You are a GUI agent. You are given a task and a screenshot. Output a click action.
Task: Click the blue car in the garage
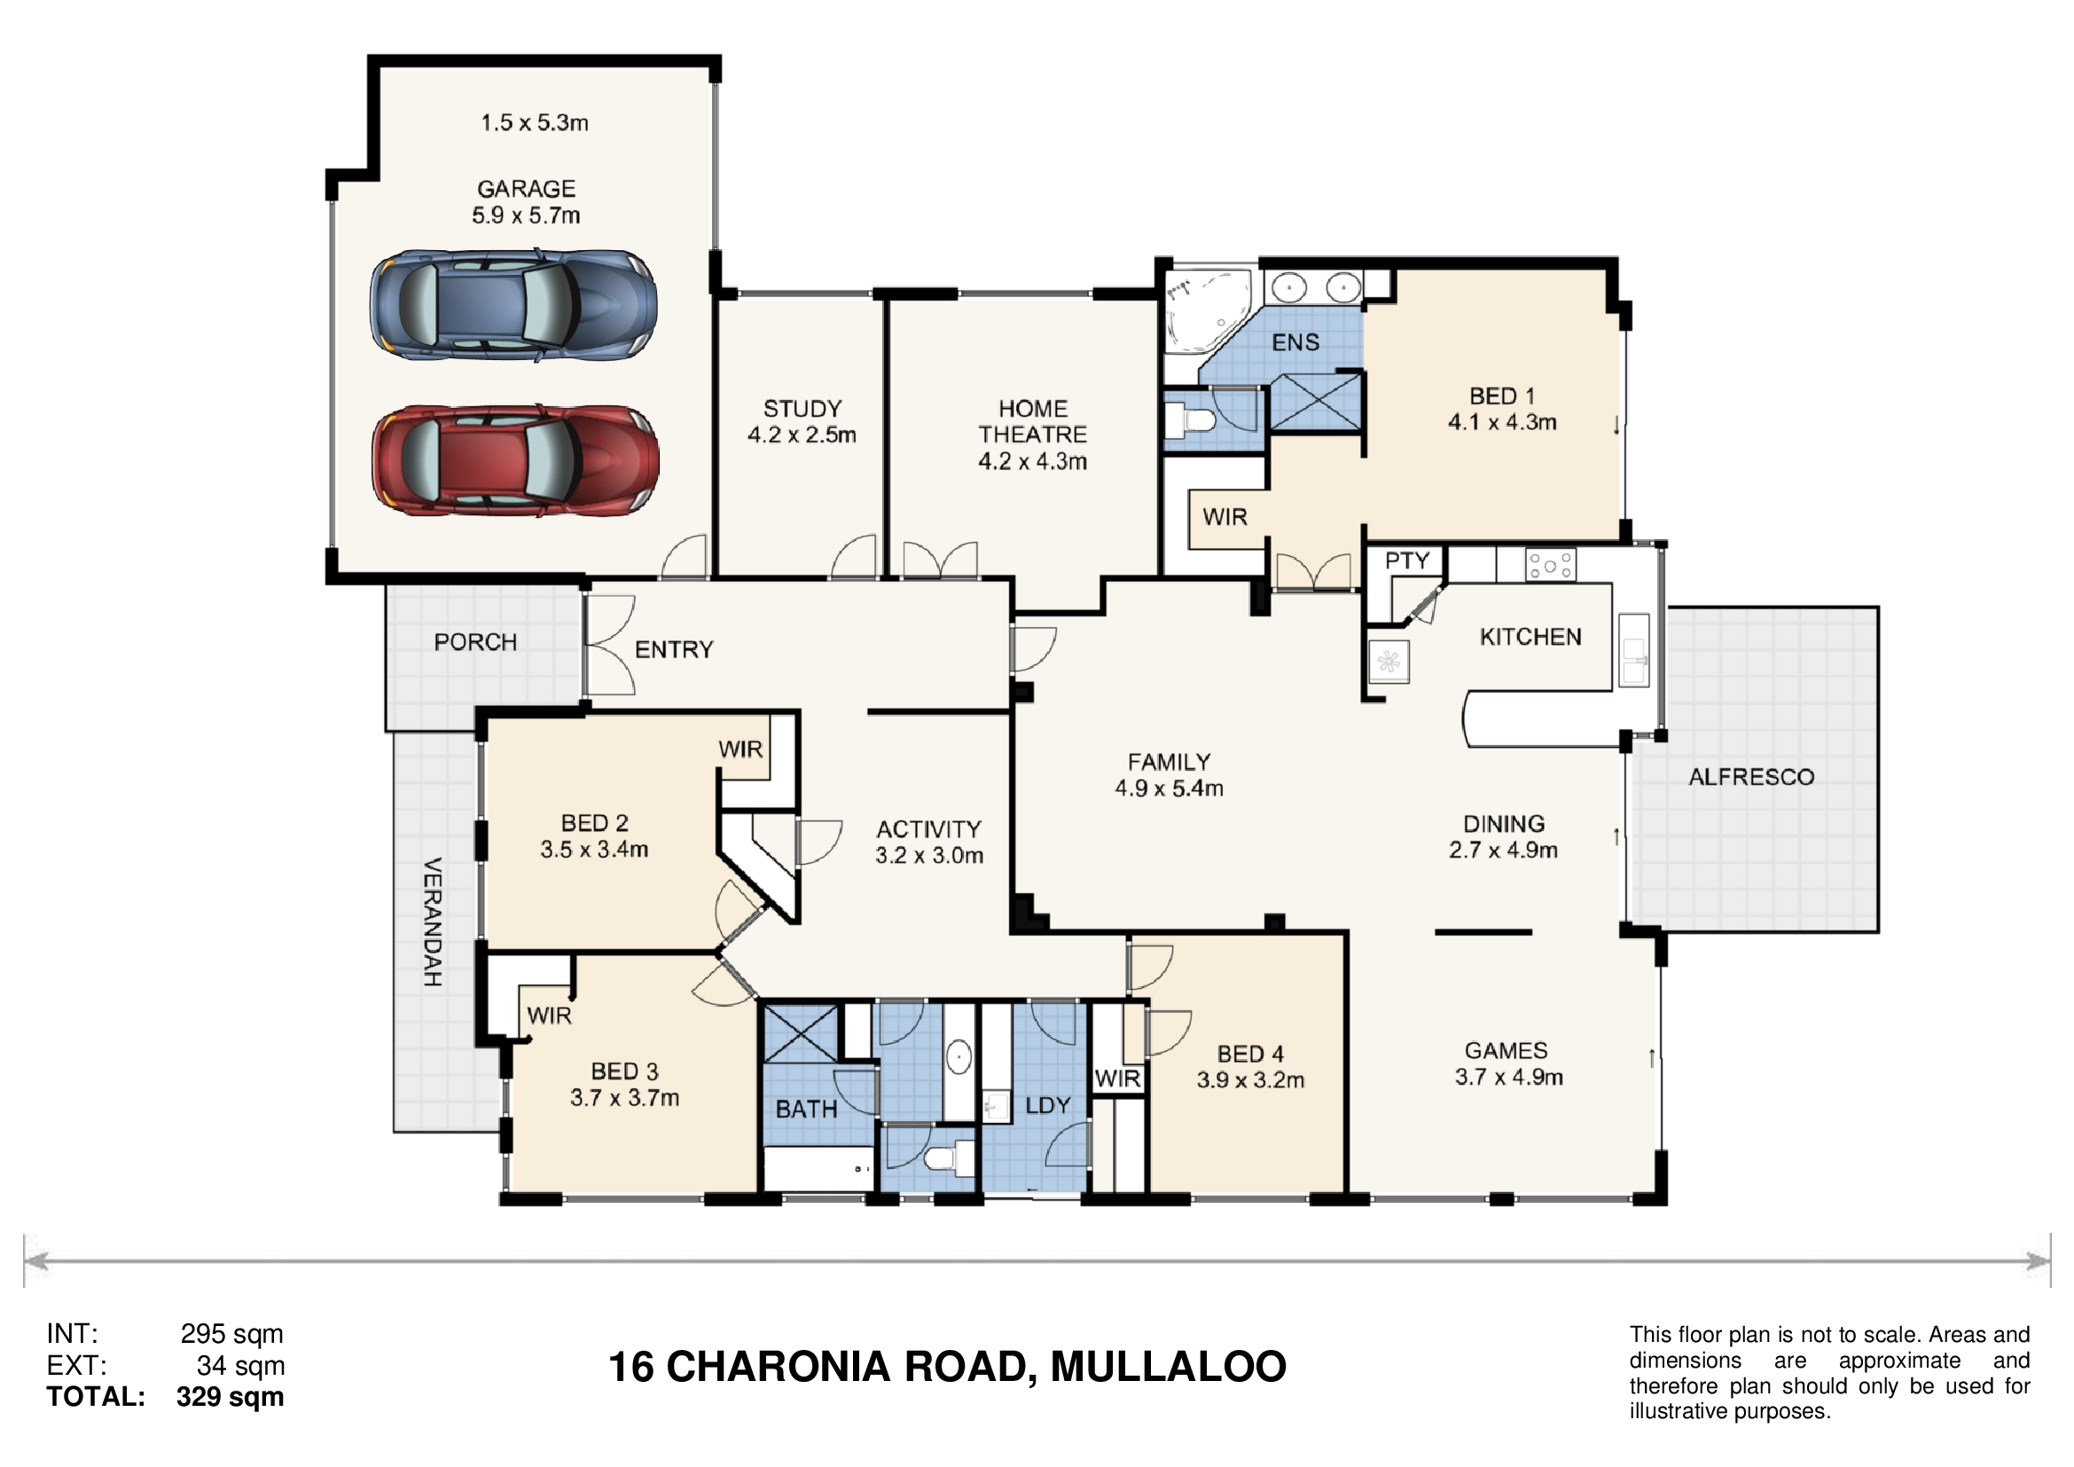(x=514, y=305)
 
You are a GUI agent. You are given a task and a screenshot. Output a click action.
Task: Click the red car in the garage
(x=516, y=460)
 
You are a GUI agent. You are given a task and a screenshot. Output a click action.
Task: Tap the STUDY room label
(x=802, y=409)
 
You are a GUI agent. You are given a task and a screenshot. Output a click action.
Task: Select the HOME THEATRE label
(x=1032, y=422)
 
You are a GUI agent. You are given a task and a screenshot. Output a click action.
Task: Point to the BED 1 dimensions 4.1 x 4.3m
(x=1502, y=423)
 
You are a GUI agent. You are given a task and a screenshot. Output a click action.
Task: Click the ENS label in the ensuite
(x=1295, y=343)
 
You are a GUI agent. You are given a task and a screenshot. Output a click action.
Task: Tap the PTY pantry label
(x=1407, y=561)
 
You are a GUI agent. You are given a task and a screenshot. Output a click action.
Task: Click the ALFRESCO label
(x=1751, y=777)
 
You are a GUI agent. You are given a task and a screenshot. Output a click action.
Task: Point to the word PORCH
(x=476, y=642)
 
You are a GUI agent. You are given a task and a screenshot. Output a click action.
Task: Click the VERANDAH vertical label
(x=433, y=922)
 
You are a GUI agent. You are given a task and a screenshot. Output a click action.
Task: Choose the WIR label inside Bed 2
(x=740, y=749)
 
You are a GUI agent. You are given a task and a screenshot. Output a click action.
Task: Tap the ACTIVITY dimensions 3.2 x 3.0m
(x=929, y=855)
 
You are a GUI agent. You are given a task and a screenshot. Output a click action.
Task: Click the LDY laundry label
(x=1048, y=1106)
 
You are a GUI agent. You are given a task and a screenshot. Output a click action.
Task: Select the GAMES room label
(x=1506, y=1050)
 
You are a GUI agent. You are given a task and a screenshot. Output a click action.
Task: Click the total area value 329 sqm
(x=231, y=1398)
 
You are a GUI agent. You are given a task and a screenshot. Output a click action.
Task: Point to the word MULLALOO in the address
(x=1169, y=1368)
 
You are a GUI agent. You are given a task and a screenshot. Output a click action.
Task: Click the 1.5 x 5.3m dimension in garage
(x=535, y=123)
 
